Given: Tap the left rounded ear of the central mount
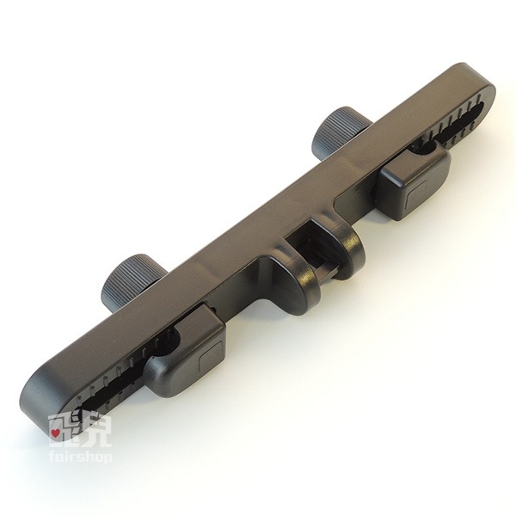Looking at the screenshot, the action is coord(296,283).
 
